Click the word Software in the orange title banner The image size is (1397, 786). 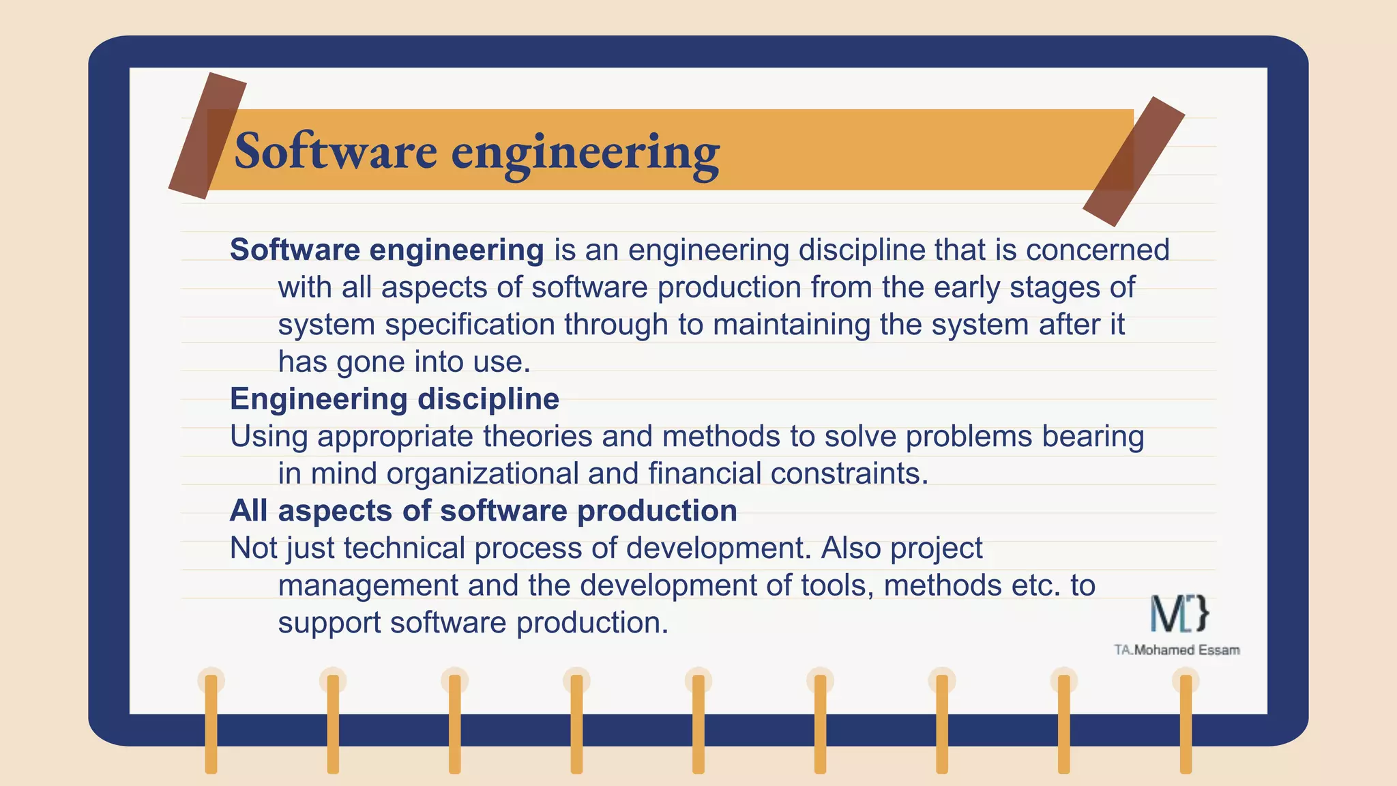click(x=335, y=151)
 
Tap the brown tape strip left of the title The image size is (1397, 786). click(x=207, y=136)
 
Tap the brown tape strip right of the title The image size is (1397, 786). click(x=1134, y=161)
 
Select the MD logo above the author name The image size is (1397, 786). click(x=1179, y=613)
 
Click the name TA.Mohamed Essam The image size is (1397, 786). click(x=1177, y=650)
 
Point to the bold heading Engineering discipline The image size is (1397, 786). click(x=394, y=399)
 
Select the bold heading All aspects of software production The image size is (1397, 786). click(x=483, y=511)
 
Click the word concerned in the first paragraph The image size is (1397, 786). click(x=1098, y=250)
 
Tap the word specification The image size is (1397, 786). click(x=470, y=325)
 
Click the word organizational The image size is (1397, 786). click(x=482, y=474)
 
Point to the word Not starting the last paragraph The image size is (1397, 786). click(x=252, y=549)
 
